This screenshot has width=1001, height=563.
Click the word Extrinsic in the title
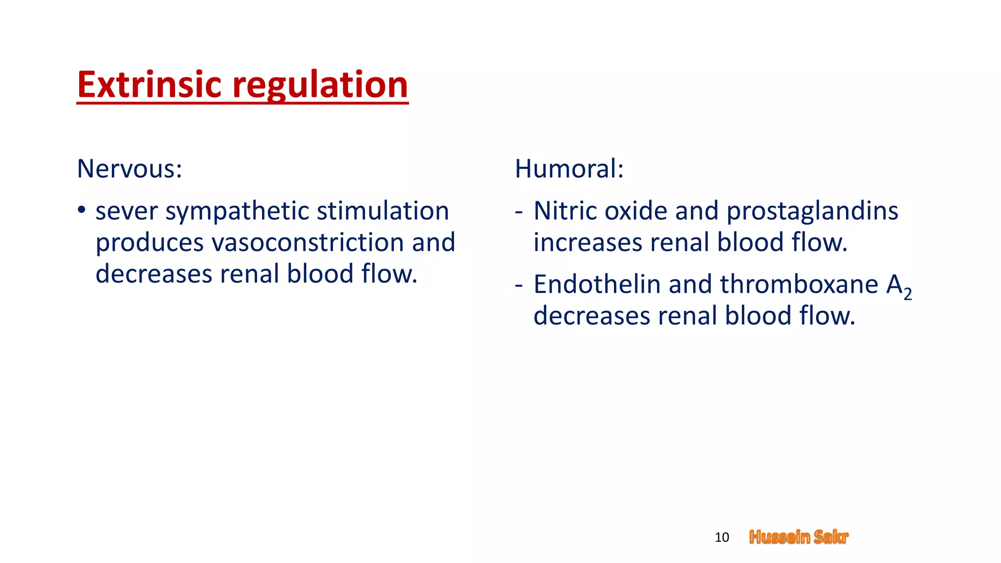(x=150, y=85)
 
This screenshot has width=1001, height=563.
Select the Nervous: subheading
(x=130, y=169)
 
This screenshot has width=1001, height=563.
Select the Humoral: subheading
(x=569, y=169)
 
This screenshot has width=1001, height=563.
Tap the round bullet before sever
(x=82, y=211)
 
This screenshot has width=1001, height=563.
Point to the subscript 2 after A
(x=908, y=294)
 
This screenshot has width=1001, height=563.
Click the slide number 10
(x=721, y=537)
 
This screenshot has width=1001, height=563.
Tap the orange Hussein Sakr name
(x=799, y=537)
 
